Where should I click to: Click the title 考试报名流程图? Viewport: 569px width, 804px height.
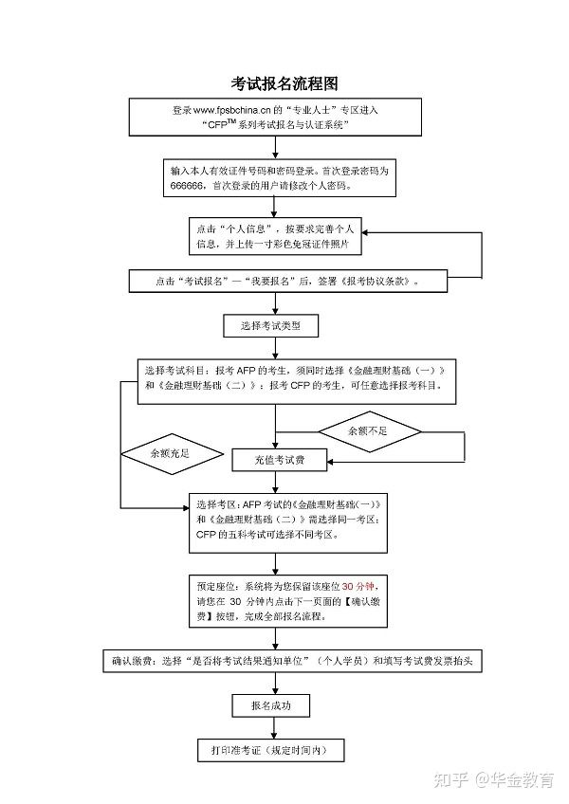(284, 83)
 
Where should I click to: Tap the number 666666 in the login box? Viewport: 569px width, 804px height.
(187, 186)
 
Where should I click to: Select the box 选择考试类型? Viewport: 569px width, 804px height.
(271, 325)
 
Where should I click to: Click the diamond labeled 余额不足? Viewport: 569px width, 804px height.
(370, 431)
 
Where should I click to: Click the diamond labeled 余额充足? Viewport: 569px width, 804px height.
(172, 454)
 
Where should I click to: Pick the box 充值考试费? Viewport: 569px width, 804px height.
(279, 460)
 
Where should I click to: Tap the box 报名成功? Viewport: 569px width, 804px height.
(271, 705)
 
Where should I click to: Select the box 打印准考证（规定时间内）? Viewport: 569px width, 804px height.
(270, 750)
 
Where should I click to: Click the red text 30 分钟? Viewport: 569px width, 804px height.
(358, 586)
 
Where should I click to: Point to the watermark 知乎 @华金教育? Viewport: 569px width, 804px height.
(493, 780)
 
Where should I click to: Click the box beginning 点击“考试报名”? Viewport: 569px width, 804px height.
(288, 281)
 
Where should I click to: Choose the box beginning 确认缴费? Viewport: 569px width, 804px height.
(292, 661)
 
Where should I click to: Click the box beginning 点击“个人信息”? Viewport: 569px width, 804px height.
(275, 236)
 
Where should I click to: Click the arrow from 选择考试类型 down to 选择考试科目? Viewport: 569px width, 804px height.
(276, 348)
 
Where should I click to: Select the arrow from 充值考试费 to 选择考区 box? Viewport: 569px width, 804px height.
(276, 483)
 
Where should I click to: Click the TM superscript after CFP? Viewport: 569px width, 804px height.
(231, 121)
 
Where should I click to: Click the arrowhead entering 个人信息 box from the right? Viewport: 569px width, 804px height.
(365, 233)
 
